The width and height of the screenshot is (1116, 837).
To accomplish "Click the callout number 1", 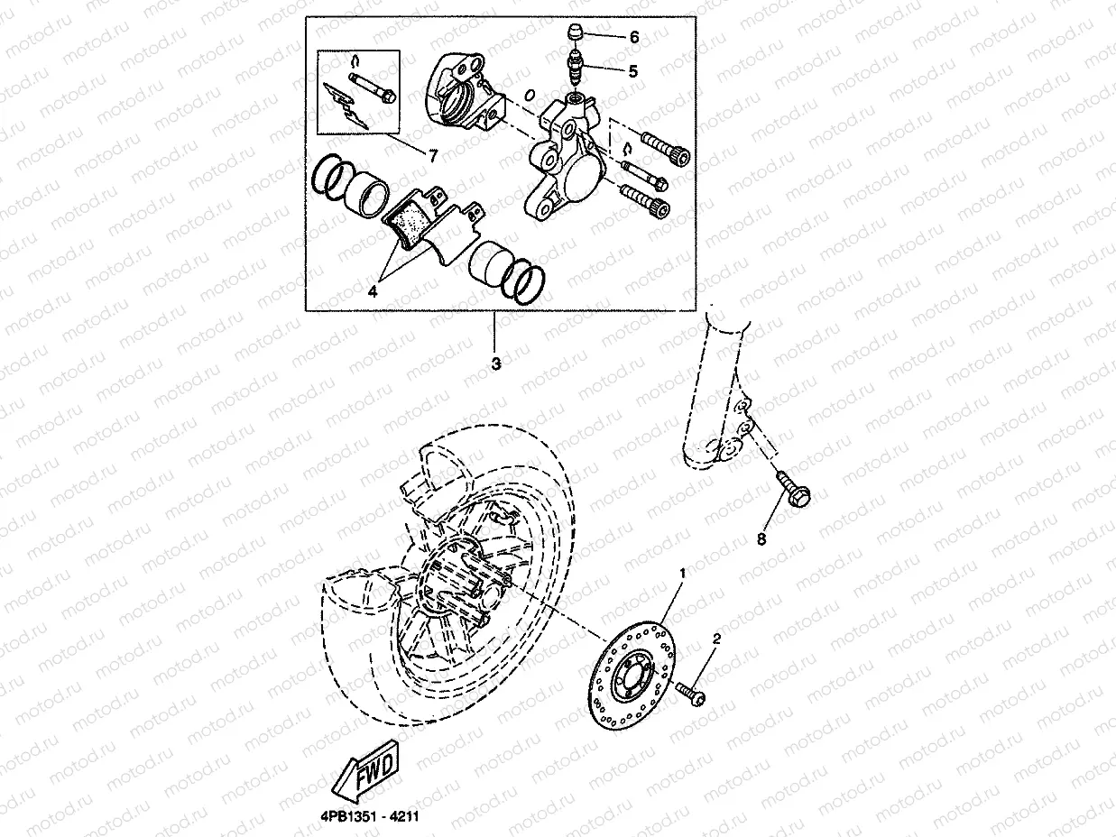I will coord(682,573).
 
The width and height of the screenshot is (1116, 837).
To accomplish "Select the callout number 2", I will coord(716,639).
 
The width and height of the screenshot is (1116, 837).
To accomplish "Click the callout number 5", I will coord(632,71).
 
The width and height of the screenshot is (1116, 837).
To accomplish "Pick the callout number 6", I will coord(633,38).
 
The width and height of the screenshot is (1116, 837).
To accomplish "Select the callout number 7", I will coord(433,156).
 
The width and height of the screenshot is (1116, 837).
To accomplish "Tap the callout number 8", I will coord(761,539).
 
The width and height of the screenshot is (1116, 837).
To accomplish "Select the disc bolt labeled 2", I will coord(693,695).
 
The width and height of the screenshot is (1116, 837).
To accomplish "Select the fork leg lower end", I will coord(717,433).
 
